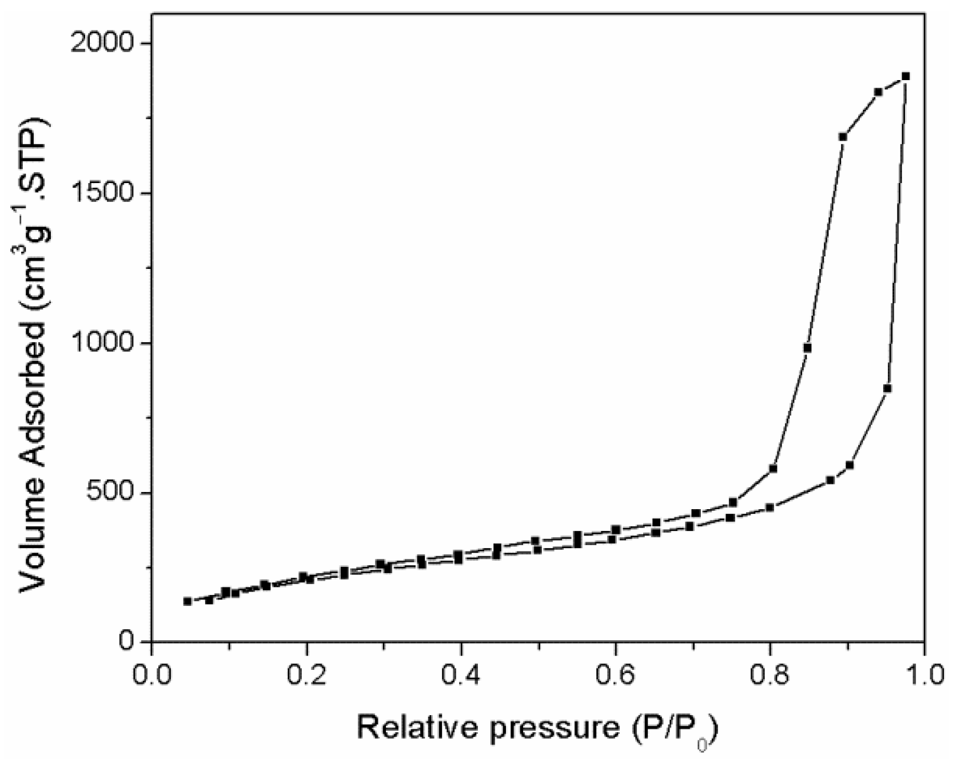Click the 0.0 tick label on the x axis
[151, 674]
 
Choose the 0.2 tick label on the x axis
[306, 674]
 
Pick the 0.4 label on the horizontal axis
[461, 674]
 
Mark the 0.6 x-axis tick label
[616, 674]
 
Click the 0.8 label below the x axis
[770, 674]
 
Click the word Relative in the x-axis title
[417, 728]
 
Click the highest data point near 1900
[906, 76]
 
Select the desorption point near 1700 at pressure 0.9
[843, 137]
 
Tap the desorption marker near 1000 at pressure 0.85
[807, 348]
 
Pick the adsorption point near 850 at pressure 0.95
[887, 388]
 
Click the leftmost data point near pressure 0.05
[187, 601]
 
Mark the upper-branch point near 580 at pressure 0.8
[773, 469]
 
